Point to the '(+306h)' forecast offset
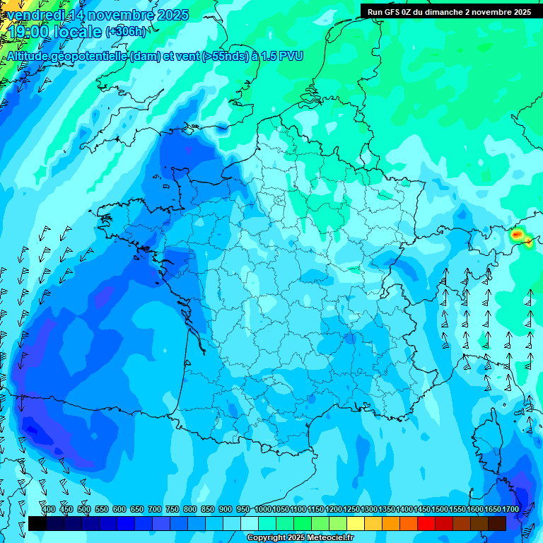(127, 32)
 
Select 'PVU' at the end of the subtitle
(291, 56)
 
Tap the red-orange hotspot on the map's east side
(518, 234)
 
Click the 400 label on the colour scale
(49, 510)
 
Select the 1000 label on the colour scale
(263, 510)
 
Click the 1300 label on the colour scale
(369, 510)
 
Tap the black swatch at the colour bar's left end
(37, 523)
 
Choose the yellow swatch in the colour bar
(356, 523)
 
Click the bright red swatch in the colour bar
(426, 523)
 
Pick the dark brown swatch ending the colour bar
(497, 523)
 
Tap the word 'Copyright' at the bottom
(266, 538)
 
